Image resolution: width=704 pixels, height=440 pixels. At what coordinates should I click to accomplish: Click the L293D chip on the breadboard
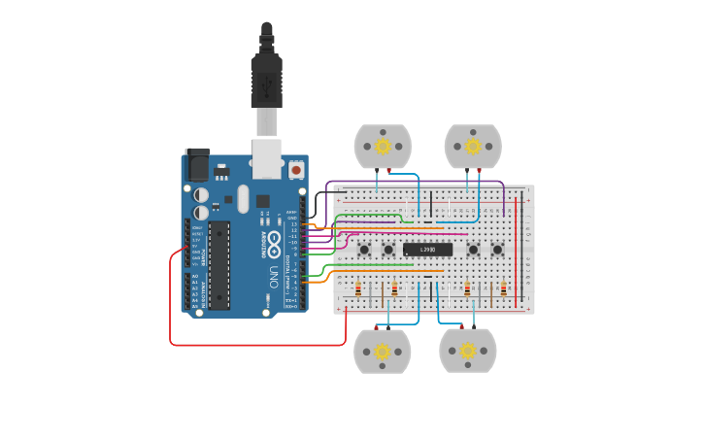tap(428, 250)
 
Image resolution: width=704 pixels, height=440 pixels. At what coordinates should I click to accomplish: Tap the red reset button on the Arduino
tap(295, 170)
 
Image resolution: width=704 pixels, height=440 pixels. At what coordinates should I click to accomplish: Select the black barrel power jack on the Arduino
tap(197, 165)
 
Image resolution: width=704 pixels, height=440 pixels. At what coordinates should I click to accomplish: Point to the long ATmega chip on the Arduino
tap(218, 265)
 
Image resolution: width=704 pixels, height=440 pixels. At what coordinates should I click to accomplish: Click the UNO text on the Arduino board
tap(273, 275)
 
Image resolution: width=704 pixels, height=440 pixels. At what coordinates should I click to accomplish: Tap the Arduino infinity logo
tap(274, 240)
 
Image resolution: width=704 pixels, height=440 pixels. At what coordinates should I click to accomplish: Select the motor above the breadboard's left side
tap(383, 147)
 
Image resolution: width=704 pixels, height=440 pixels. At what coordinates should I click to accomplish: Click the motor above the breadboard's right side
tap(473, 147)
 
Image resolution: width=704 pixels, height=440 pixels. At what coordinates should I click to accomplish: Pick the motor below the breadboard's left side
tap(383, 351)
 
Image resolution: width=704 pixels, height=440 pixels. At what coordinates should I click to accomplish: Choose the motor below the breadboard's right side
tap(468, 351)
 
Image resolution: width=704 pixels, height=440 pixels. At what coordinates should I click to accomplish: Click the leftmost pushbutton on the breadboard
tap(364, 250)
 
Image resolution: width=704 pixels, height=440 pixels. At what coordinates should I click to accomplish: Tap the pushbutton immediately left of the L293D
tap(387, 250)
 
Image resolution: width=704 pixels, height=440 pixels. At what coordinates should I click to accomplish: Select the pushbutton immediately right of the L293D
tap(473, 250)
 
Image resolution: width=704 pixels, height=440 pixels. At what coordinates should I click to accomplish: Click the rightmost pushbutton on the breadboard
tap(497, 250)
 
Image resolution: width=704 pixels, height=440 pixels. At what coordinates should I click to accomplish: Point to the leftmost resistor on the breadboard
tap(358, 288)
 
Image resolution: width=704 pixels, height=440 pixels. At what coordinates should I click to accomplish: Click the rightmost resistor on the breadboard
tap(503, 288)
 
